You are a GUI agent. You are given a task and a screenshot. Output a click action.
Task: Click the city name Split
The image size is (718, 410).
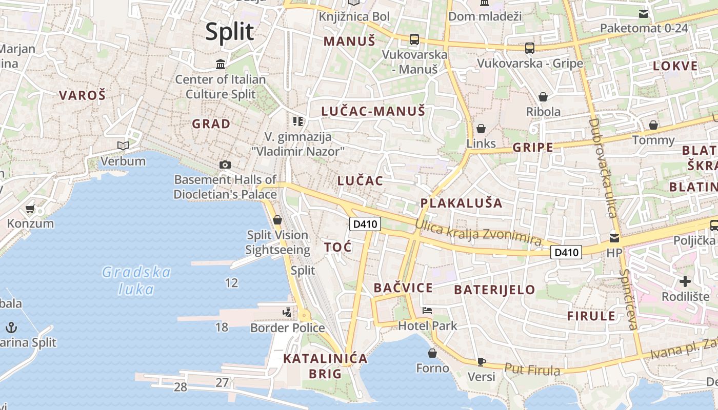pyautogui.click(x=229, y=32)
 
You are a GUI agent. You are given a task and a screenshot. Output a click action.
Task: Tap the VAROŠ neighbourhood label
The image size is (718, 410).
pyautogui.click(x=82, y=95)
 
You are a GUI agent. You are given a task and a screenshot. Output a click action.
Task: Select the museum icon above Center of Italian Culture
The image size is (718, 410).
pyautogui.click(x=221, y=64)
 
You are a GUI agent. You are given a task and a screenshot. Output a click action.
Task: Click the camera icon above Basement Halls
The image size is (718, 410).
pyautogui.click(x=225, y=165)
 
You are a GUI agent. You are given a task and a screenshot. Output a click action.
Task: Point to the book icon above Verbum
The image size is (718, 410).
pyautogui.click(x=123, y=146)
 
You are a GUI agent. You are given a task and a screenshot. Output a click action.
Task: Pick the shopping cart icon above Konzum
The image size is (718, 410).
pyautogui.click(x=30, y=209)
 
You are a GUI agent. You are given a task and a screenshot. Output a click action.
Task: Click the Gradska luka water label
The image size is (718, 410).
pyautogui.click(x=136, y=280)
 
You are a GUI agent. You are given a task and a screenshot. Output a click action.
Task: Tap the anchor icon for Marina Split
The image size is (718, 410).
pyautogui.click(x=11, y=327)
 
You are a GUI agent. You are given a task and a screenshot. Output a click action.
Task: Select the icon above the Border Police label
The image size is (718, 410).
pyautogui.click(x=287, y=312)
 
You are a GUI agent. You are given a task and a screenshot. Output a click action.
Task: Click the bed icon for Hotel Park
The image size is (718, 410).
pyautogui.click(x=427, y=310)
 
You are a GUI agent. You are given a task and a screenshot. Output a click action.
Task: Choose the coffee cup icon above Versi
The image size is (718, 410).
pyautogui.click(x=481, y=362)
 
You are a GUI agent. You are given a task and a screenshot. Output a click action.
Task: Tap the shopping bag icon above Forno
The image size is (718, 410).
pyautogui.click(x=432, y=353)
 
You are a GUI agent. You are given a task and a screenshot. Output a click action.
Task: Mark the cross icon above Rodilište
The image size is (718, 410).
pyautogui.click(x=685, y=281)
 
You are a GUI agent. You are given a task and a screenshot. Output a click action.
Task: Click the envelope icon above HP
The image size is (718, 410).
pyautogui.click(x=614, y=238)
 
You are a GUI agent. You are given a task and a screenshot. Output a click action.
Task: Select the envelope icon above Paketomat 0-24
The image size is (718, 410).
pyautogui.click(x=643, y=14)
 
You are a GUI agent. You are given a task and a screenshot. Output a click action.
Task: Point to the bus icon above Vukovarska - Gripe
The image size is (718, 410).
pyautogui.click(x=530, y=48)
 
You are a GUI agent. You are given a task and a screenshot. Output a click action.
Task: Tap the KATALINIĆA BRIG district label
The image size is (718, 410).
pyautogui.click(x=326, y=366)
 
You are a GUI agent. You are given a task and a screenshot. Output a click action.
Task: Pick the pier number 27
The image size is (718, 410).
pyautogui.click(x=222, y=382)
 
